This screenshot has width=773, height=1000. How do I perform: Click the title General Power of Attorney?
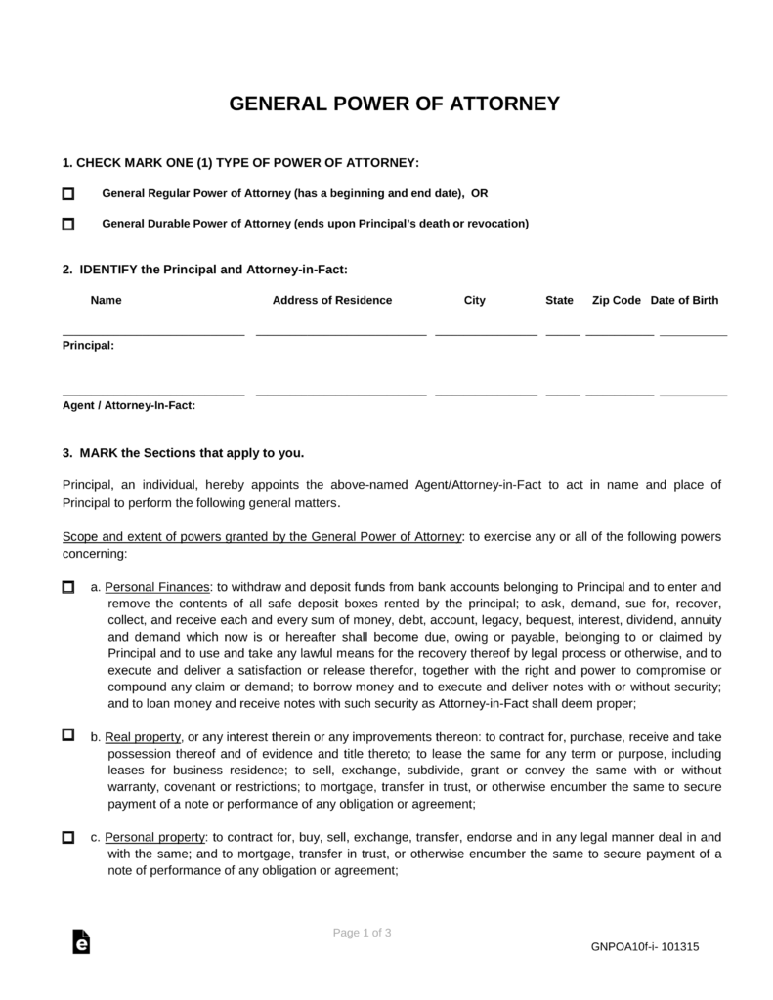(394, 104)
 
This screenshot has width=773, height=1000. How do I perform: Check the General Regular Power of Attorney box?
(68, 194)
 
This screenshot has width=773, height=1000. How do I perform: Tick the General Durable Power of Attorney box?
(68, 224)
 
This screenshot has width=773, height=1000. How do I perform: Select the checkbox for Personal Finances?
(68, 588)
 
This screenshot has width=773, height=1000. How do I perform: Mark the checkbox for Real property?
(68, 734)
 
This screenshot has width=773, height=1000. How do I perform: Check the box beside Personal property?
(68, 838)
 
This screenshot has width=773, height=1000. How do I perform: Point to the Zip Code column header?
(617, 301)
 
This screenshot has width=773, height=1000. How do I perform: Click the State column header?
(559, 301)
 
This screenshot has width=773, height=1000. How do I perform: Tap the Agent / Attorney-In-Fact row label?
(129, 405)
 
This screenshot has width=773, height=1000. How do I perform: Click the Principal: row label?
(88, 345)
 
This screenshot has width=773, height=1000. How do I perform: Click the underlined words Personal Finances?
(157, 588)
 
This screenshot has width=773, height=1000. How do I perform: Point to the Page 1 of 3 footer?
(362, 933)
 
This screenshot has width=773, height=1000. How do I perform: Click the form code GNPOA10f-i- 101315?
(644, 946)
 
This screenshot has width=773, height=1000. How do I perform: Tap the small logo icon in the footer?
(82, 940)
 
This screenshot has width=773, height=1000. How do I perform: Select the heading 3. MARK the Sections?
(183, 453)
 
